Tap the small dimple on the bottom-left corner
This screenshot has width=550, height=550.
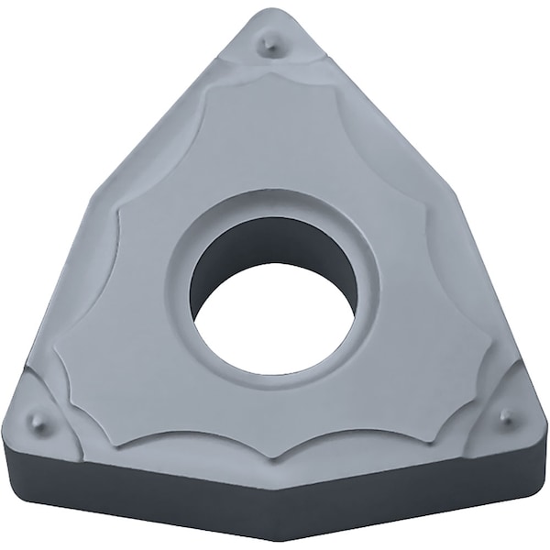37,421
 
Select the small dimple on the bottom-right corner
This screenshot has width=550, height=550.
505,417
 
